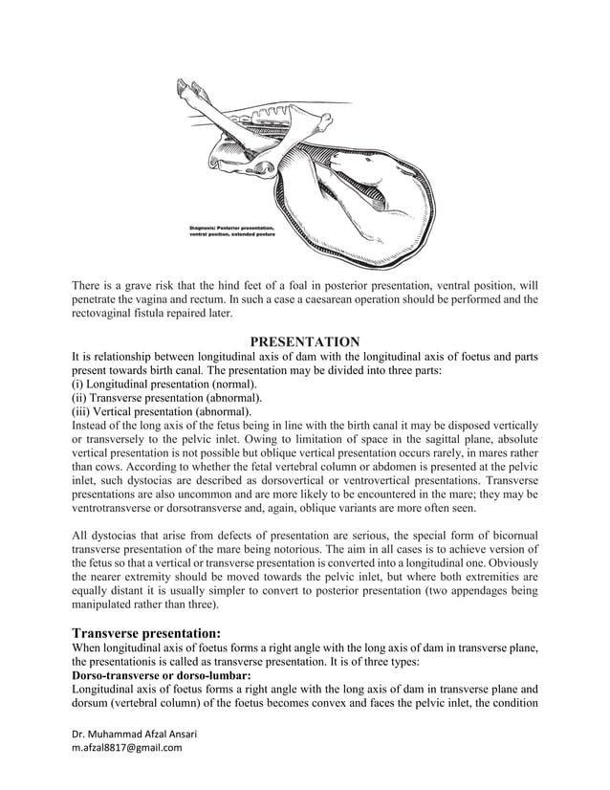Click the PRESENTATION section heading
pyautogui.click(x=304, y=342)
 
